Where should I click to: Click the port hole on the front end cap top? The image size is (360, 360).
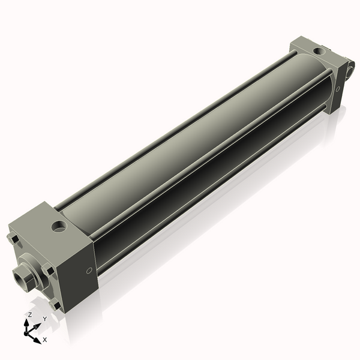[x=59, y=227]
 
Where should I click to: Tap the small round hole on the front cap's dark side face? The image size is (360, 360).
[x=89, y=271]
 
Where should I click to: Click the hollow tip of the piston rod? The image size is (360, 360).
[x=19, y=278]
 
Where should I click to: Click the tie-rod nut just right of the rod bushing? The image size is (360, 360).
[x=50, y=271]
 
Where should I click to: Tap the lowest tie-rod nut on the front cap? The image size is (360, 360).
[x=56, y=305]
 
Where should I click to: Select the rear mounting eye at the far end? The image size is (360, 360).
[x=349, y=71]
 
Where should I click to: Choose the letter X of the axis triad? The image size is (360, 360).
[x=44, y=340]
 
